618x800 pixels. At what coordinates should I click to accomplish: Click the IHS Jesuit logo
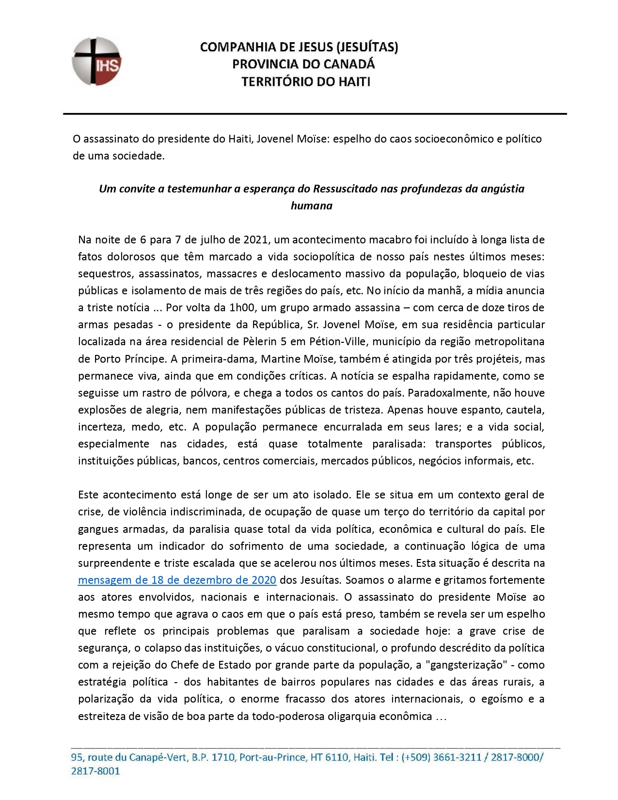96,62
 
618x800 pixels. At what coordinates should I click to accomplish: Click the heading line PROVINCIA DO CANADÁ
303,64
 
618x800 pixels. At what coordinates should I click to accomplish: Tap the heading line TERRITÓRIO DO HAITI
306,81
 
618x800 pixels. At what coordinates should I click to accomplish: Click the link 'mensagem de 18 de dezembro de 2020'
177,580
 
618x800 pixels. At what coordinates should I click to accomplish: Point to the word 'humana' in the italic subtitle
311,206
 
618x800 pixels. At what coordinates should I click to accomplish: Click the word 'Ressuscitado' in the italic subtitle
346,189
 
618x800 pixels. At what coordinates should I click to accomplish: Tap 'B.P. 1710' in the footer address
213,757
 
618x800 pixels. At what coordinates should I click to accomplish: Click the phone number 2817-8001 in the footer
95,771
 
